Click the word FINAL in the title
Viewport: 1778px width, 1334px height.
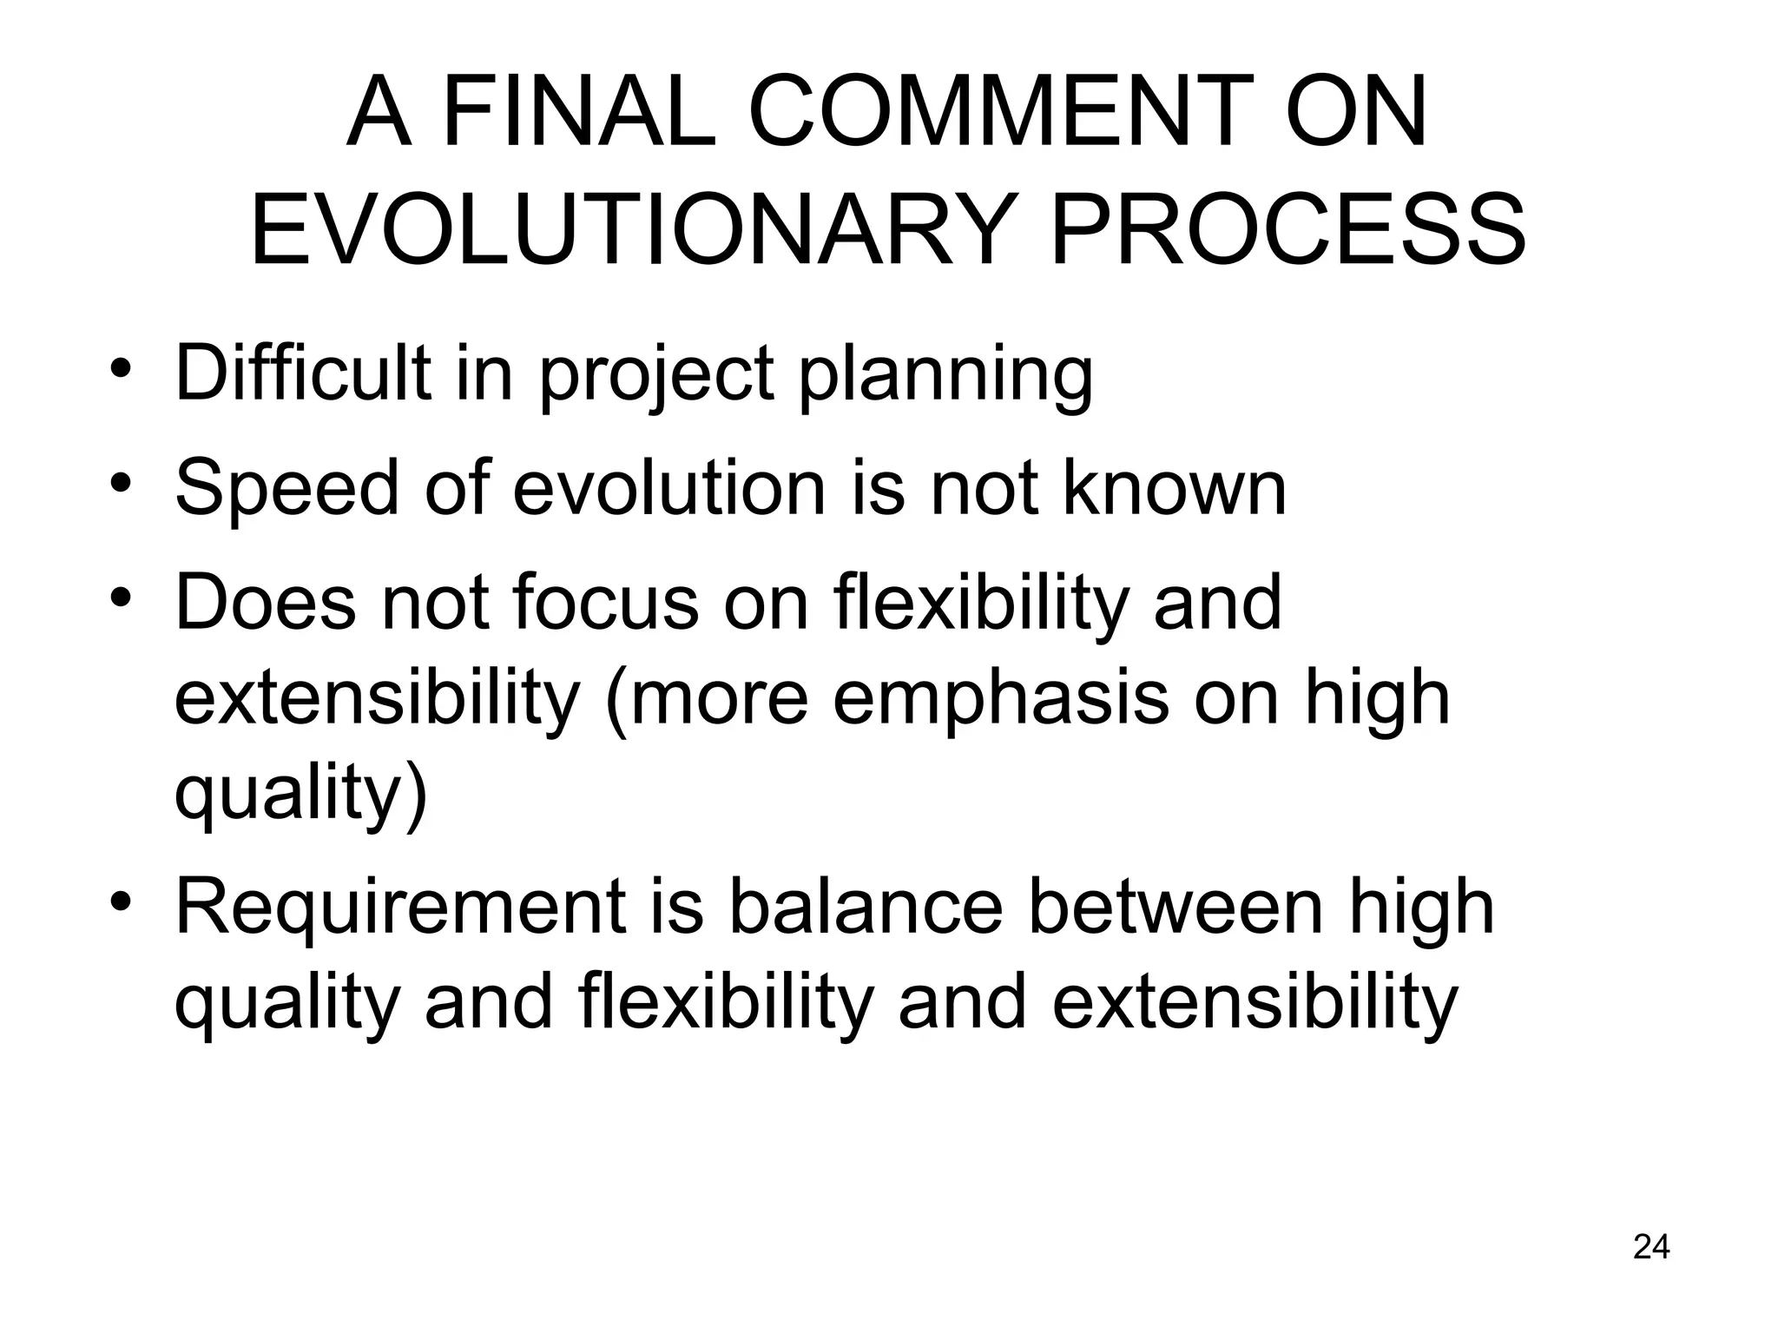pos(579,113)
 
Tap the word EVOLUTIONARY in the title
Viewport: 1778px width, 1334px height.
pos(633,229)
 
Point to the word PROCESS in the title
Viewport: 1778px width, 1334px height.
pos(1288,229)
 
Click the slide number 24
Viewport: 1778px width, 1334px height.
pos(1651,1246)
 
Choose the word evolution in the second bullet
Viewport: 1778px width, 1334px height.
pos(669,488)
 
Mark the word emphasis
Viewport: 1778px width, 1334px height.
pos(1001,699)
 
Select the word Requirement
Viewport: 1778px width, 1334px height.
pos(400,907)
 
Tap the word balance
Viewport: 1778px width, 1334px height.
pos(866,907)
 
